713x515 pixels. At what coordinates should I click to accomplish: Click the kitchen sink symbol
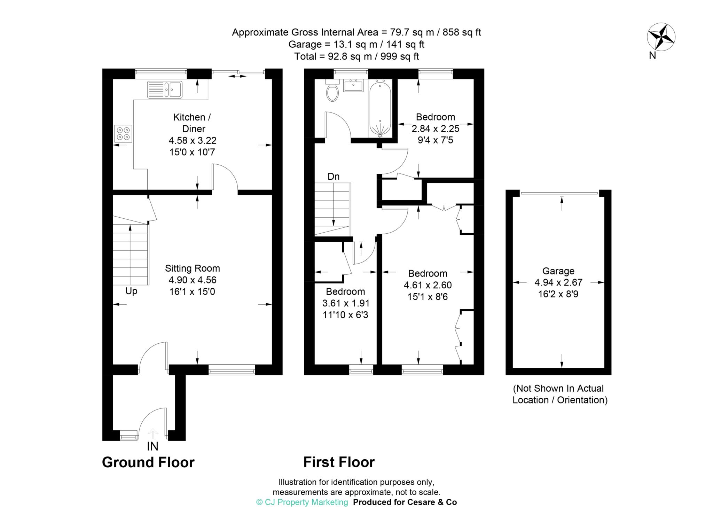165,89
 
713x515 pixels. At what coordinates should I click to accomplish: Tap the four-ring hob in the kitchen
123,133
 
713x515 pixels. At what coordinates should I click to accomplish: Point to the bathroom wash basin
353,85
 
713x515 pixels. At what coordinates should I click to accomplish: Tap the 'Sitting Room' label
192,268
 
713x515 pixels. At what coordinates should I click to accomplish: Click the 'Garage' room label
558,271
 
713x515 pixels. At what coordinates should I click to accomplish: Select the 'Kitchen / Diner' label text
193,123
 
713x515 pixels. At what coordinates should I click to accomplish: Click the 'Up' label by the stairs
131,291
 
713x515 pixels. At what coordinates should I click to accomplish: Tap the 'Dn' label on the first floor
333,177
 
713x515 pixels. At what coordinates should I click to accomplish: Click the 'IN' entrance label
152,446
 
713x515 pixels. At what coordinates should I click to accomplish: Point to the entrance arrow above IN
153,434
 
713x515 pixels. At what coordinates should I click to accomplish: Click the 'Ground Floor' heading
148,462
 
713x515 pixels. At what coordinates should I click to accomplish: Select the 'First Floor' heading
339,462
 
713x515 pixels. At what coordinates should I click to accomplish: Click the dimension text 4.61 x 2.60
428,285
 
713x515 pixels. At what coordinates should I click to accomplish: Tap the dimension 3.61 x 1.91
346,303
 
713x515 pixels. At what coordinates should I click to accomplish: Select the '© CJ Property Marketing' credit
302,502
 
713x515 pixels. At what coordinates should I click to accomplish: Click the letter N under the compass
652,55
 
